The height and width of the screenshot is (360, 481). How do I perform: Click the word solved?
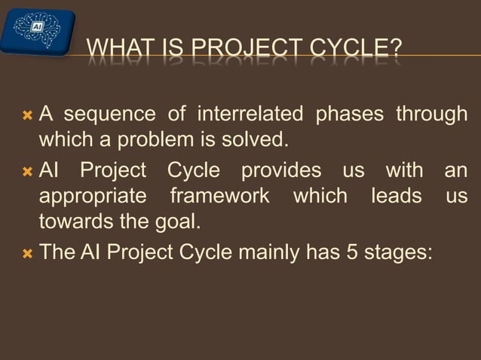pos(258,141)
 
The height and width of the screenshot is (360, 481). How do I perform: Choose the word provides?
pos(280,170)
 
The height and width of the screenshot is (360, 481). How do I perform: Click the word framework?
pos(219,197)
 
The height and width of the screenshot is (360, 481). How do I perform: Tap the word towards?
pos(73,223)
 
